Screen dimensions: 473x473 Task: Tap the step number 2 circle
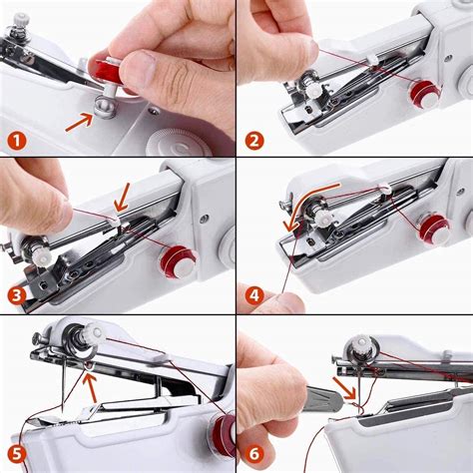click(x=255, y=140)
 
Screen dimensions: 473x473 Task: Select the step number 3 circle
click(x=18, y=295)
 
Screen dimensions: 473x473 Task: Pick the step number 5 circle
click(x=18, y=451)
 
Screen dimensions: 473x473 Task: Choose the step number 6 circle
click(x=253, y=452)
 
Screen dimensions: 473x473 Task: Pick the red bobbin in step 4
click(x=433, y=231)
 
